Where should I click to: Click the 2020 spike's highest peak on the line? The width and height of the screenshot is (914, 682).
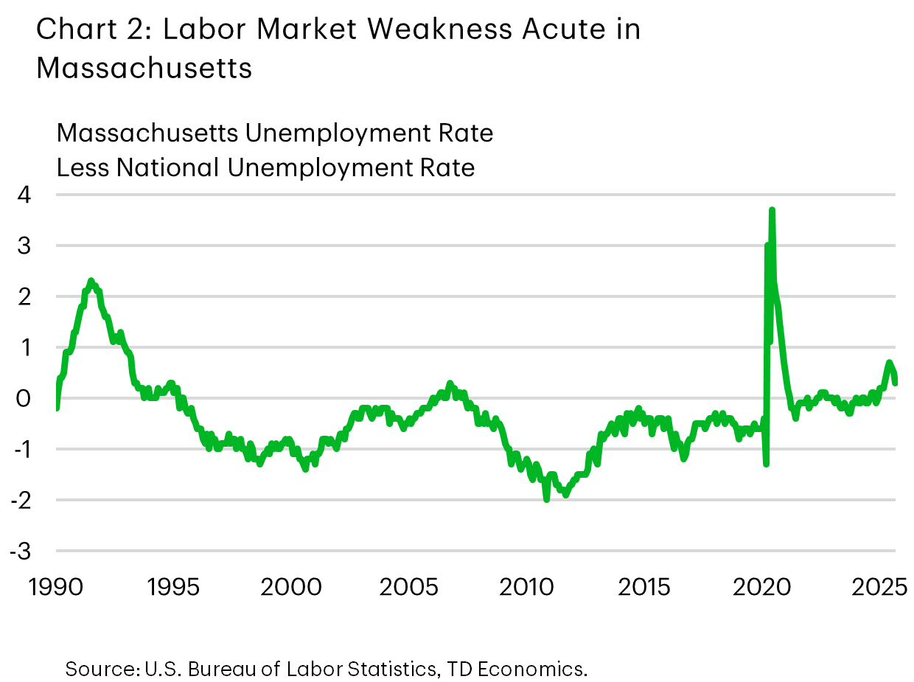pos(772,210)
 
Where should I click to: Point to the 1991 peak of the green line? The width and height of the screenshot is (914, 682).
pos(91,280)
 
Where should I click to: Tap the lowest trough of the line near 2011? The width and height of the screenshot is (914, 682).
pos(546,499)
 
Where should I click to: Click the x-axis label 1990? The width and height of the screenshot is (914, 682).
pos(56,588)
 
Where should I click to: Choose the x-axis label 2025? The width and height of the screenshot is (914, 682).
pos(879,588)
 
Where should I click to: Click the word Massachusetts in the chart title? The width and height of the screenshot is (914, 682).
pos(144,68)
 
